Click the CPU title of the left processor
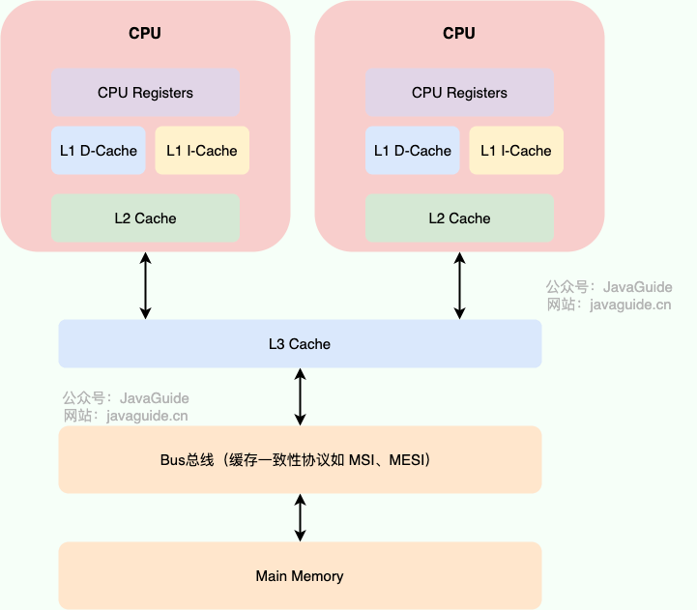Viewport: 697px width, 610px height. coord(145,33)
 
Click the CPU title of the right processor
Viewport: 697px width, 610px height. coord(459,33)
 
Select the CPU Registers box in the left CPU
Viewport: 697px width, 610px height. coord(145,93)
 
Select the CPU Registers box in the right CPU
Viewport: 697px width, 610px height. coord(459,93)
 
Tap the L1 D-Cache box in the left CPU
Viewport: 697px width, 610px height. coord(99,151)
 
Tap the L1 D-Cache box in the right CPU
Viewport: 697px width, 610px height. coord(413,151)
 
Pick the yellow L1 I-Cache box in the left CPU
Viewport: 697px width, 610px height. coord(202,151)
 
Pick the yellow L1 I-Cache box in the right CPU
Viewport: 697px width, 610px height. coord(516,151)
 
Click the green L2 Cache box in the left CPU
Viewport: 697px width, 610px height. coord(145,218)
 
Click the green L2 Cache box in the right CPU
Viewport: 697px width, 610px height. coord(459,218)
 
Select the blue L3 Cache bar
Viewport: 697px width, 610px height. coord(300,344)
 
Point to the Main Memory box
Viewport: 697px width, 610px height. coord(300,576)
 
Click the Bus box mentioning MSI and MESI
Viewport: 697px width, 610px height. coord(300,460)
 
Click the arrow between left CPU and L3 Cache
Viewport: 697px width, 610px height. coord(145,286)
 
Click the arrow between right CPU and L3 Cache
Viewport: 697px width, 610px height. coord(459,286)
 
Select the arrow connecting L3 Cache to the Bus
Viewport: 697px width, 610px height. coord(300,397)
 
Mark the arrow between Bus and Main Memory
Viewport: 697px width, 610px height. coord(300,517)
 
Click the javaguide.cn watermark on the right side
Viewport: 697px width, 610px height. coord(636,305)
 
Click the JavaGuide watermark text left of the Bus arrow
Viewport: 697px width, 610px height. coord(155,398)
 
